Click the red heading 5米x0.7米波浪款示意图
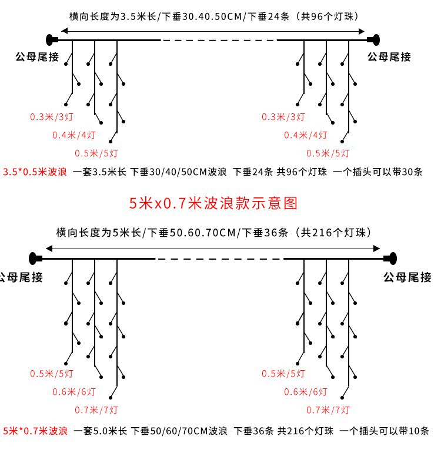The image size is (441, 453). coord(214,203)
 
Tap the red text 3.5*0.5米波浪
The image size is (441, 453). coord(35,172)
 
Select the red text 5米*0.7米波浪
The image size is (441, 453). coord(35,431)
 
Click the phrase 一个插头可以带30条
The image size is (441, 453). coord(377,172)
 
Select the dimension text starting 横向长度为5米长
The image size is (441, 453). coord(213,232)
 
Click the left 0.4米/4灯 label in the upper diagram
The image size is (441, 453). coord(74,135)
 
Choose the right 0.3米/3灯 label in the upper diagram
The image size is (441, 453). coord(283,117)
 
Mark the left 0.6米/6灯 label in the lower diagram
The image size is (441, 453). coord(74,392)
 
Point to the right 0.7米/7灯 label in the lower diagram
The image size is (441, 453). coord(328,410)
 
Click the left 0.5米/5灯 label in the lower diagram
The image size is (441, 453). coord(52,374)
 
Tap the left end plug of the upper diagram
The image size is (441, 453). coord(52,40)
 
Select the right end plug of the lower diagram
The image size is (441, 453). coord(390,258)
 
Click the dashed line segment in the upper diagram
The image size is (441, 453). coord(219,40)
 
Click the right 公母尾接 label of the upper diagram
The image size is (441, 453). coord(389,57)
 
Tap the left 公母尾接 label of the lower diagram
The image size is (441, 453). coord(21,277)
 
